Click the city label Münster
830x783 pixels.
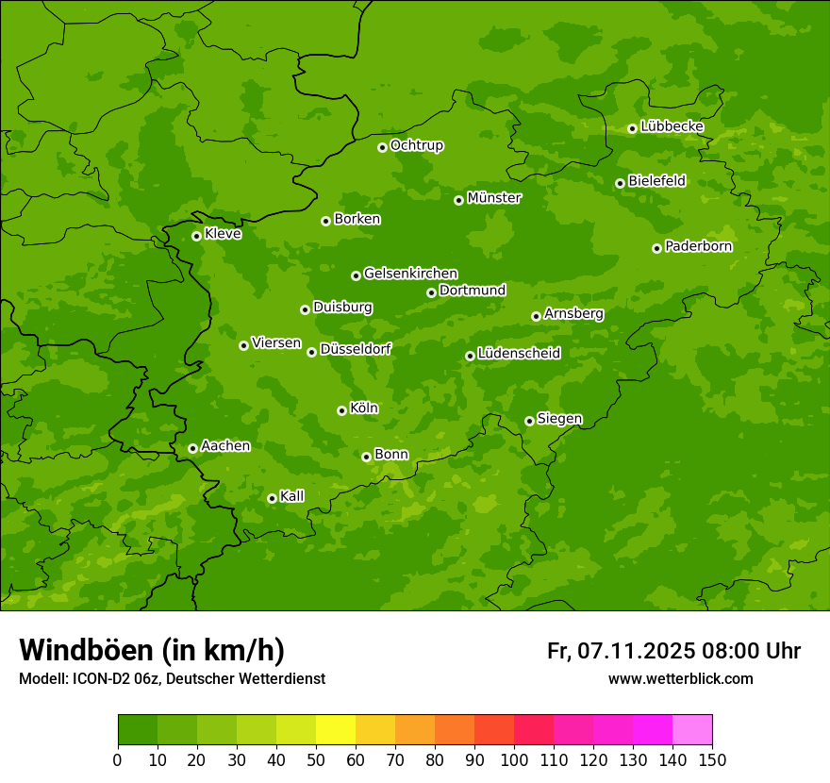494,198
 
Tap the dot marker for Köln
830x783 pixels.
341,410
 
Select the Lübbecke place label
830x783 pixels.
672,126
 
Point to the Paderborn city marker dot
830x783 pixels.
656,248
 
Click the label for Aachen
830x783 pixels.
225,446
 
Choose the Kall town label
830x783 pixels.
292,496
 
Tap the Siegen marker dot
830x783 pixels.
529,421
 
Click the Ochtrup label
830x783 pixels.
417,145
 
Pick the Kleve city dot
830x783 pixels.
196,236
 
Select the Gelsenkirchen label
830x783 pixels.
410,274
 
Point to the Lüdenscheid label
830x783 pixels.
519,354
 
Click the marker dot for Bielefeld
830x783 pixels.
620,183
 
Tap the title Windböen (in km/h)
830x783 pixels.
152,650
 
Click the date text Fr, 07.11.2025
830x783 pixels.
621,651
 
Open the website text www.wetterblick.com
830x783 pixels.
680,679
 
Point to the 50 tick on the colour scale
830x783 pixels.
316,760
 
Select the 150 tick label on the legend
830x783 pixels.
712,760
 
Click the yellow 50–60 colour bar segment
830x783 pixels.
336,729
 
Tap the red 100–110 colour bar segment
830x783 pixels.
534,729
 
